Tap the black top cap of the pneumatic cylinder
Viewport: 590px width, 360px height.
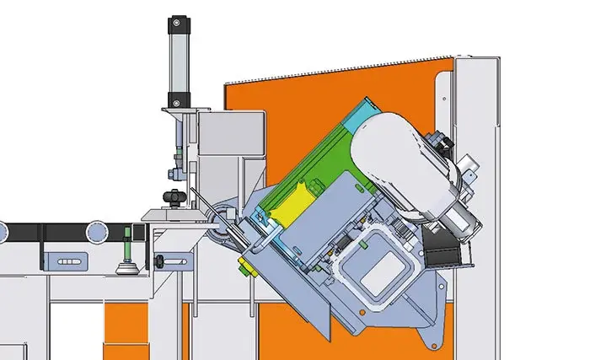(178, 23)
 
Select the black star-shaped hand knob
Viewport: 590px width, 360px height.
(174, 199)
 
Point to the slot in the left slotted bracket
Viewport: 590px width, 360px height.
(68, 262)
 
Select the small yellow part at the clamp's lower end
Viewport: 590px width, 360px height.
(245, 268)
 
